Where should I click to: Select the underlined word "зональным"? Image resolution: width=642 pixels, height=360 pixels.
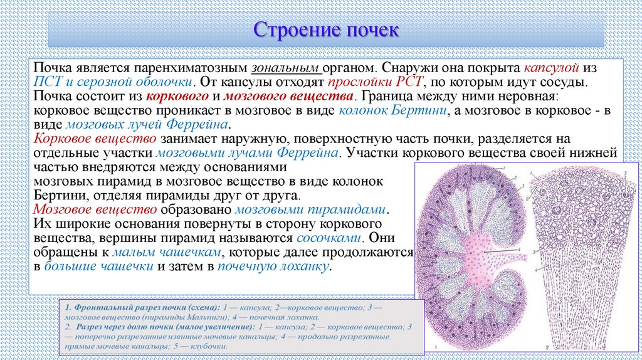point(287,67)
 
